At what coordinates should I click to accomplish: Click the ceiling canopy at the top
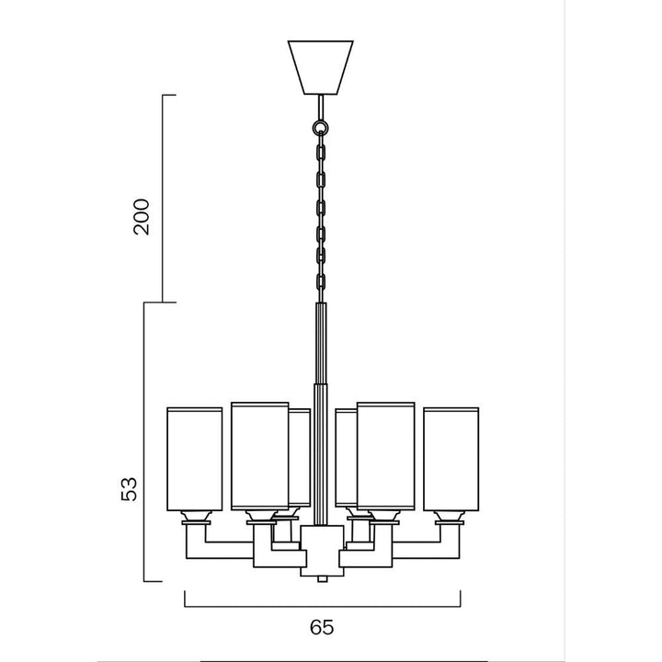(321, 66)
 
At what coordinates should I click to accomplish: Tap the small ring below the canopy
(321, 127)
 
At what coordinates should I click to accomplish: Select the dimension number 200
(141, 216)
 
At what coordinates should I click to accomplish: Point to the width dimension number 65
(321, 628)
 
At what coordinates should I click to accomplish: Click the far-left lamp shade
(194, 457)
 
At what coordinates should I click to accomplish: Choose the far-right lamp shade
(451, 457)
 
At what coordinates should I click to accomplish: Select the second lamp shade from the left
(259, 454)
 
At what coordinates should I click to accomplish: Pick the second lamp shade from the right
(385, 454)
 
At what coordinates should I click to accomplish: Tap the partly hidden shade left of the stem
(300, 458)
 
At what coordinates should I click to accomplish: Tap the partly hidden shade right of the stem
(345, 458)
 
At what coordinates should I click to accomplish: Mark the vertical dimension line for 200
(164, 198)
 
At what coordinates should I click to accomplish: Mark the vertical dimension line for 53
(145, 441)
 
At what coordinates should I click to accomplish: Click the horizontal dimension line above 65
(321, 606)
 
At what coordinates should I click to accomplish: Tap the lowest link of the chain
(321, 280)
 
